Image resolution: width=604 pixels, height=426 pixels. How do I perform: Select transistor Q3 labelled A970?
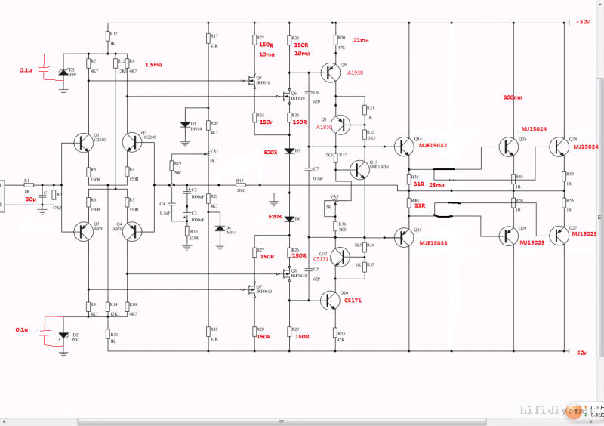(84, 231)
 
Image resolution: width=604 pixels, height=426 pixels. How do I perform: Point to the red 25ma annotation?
(436, 184)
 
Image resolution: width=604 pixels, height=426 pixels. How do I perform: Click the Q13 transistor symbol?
(359, 168)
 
